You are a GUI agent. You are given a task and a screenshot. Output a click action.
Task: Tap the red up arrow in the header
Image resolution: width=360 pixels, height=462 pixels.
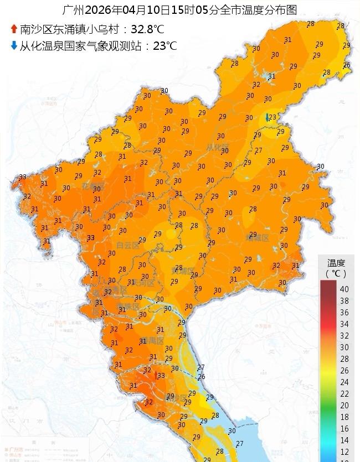[13, 29]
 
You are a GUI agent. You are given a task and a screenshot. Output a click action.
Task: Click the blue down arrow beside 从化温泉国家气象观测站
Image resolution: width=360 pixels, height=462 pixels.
[13, 45]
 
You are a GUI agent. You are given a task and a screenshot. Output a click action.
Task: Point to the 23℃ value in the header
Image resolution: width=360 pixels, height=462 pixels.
[165, 45]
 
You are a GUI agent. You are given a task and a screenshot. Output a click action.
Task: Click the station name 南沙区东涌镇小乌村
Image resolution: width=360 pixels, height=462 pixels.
[70, 29]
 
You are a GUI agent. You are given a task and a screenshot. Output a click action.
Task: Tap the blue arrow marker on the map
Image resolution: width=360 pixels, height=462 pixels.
[268, 117]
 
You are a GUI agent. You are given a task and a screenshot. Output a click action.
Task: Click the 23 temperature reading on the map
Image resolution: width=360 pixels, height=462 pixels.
[272, 117]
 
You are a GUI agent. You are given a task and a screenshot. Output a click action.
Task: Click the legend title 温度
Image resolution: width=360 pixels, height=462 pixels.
[336, 263]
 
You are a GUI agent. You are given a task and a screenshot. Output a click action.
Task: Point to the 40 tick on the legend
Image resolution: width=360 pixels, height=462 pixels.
[344, 289]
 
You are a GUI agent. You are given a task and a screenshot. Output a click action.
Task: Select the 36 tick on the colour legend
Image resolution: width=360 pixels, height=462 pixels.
[344, 312]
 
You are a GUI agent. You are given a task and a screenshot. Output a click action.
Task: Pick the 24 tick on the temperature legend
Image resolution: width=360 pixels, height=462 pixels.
[344, 382]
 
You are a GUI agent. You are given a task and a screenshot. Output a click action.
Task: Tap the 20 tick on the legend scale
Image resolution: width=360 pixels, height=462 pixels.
[344, 405]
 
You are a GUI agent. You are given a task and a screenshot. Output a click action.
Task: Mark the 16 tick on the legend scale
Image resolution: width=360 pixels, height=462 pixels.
[344, 428]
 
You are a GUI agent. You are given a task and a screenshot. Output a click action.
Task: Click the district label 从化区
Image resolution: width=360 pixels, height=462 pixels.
[218, 147]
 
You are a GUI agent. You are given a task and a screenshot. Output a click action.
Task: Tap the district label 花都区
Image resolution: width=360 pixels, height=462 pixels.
[92, 186]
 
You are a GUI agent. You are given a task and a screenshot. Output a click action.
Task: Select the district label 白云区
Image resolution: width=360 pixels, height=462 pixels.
[128, 245]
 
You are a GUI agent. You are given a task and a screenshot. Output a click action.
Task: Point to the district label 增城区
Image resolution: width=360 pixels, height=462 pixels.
[258, 238]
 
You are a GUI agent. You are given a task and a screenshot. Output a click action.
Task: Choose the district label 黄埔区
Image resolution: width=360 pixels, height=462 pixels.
[183, 272]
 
